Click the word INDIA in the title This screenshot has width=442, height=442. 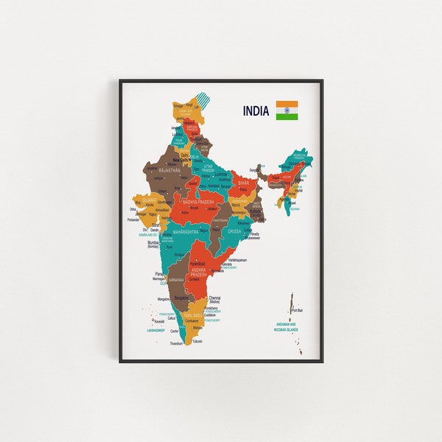coord(256,111)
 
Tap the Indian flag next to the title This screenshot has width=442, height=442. coord(287,110)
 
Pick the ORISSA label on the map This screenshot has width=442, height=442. coord(235,231)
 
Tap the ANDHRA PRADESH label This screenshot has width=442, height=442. coord(200,272)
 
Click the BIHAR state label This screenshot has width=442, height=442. coord(242,180)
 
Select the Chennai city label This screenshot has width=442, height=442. coord(214,297)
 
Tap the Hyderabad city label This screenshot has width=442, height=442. coord(197,262)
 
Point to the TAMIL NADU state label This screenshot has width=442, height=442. coord(193,315)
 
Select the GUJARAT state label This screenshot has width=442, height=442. coord(148,200)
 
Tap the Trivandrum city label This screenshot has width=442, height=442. coord(175,343)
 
